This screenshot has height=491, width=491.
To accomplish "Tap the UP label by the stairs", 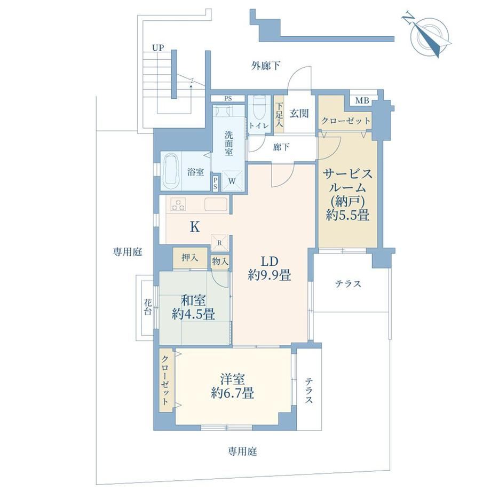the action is tap(158, 48).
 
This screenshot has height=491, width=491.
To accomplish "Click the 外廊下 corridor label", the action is tap(266, 66).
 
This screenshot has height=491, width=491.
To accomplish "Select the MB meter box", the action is tap(362, 101).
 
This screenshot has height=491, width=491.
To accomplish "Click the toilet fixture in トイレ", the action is tap(259, 108).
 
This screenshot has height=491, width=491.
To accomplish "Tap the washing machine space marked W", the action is tap(232, 181).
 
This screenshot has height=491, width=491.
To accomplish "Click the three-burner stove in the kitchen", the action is tap(178, 204).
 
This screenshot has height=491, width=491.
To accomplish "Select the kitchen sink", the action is tap(216, 204).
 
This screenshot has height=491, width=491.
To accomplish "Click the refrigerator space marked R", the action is tap(219, 243).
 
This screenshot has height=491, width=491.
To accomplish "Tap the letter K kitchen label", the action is tap(195, 227).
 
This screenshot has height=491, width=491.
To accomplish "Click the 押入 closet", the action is tap(190, 258).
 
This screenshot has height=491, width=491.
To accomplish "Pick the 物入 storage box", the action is tap(220, 262).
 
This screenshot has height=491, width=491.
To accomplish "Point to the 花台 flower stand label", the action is tap(148, 307).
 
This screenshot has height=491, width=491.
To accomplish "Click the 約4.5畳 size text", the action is tap(194, 314).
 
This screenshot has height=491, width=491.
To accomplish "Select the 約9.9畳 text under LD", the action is tap(270, 275).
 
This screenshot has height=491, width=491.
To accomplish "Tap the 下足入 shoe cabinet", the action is tap(279, 115).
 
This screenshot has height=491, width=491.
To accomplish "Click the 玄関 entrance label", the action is tap(299, 113).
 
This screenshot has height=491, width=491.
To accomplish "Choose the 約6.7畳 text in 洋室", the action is tap(232, 393).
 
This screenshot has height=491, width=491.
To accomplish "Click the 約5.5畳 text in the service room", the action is tap(347, 215).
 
